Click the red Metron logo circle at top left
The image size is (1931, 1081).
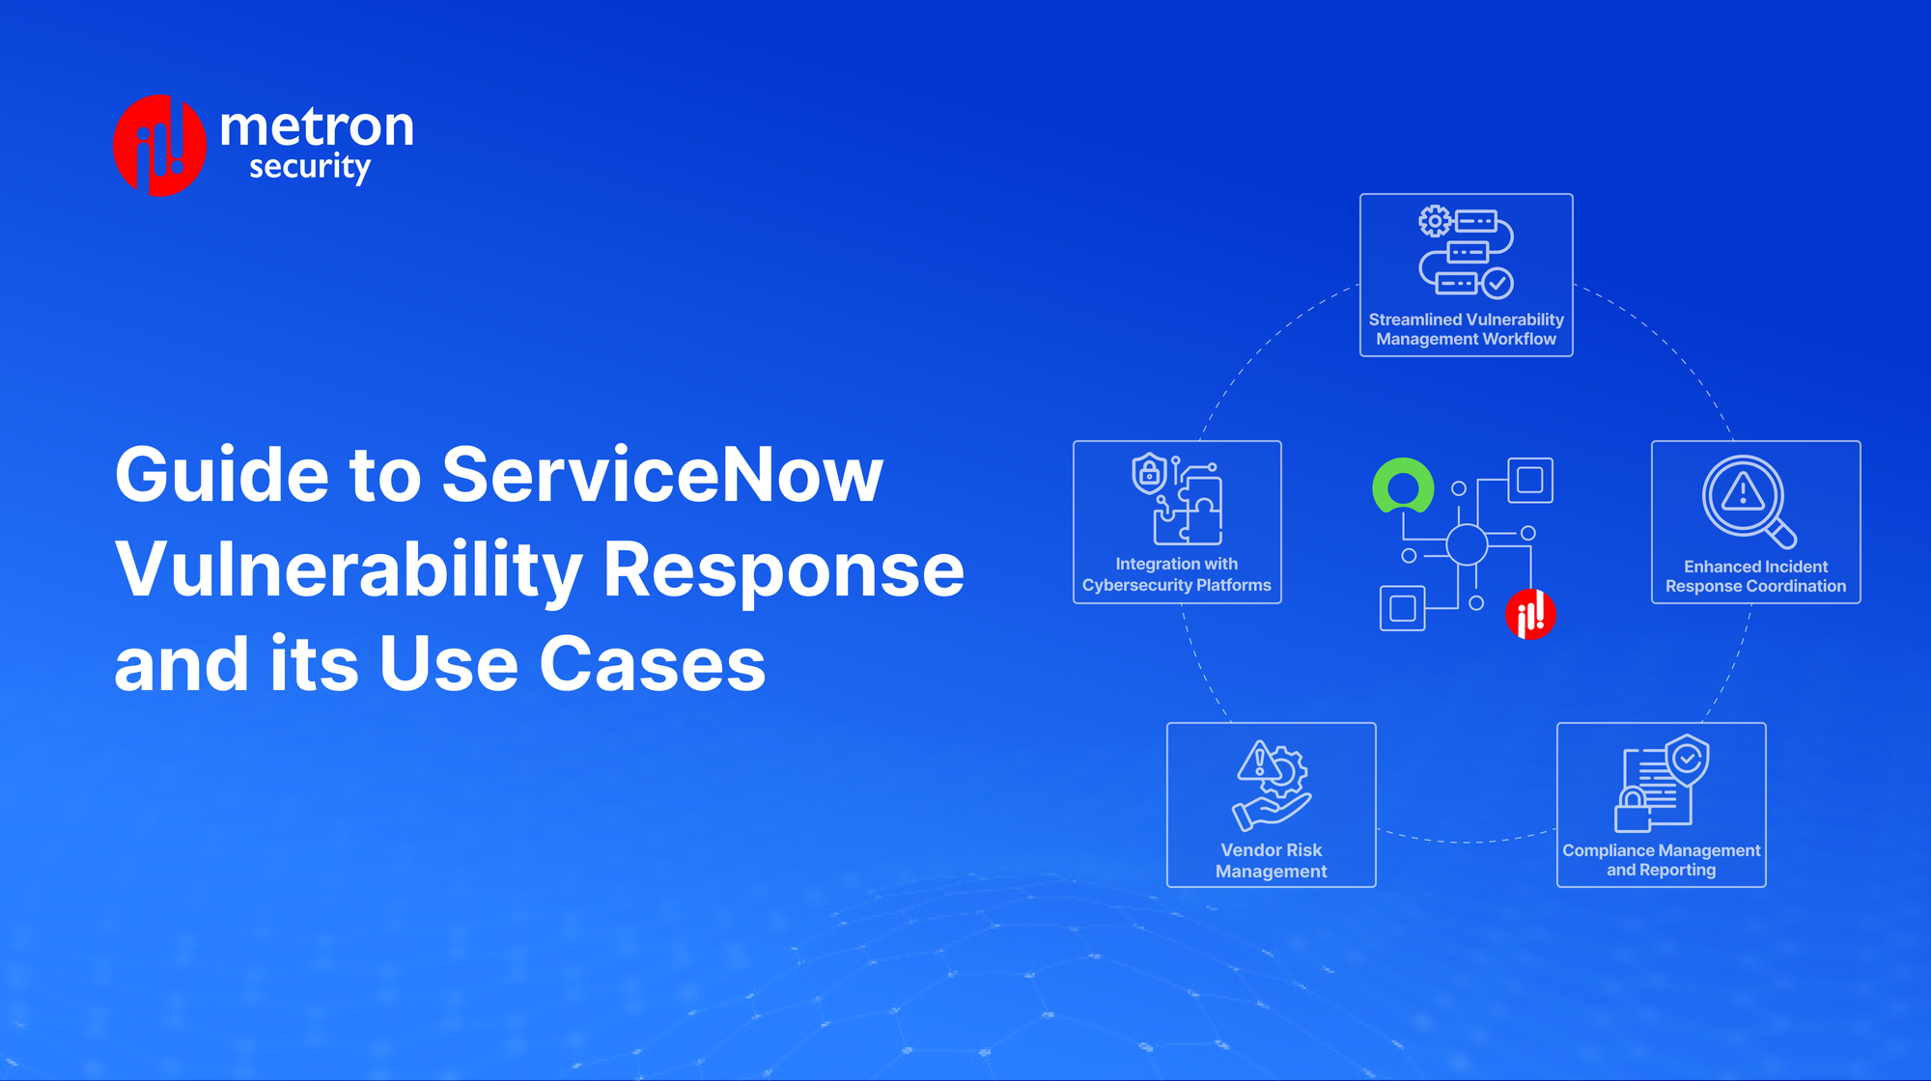pyautogui.click(x=159, y=146)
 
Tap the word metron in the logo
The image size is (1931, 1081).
pyautogui.click(x=317, y=126)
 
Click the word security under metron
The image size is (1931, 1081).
pyautogui.click(x=309, y=167)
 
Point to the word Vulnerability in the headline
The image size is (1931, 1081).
pyautogui.click(x=349, y=569)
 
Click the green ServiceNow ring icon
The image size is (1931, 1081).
pyautogui.click(x=1403, y=485)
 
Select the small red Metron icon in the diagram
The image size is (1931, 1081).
pyautogui.click(x=1530, y=614)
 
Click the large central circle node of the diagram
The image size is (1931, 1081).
pyautogui.click(x=1467, y=544)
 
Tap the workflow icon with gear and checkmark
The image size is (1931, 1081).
pyautogui.click(x=1466, y=250)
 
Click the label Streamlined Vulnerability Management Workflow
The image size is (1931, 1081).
pyautogui.click(x=1466, y=329)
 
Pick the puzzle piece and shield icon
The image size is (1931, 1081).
pyautogui.click(x=1178, y=499)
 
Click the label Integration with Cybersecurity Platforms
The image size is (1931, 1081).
pyautogui.click(x=1177, y=574)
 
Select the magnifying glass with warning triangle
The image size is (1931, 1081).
pyautogui.click(x=1748, y=500)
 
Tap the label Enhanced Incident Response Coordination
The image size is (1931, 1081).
pyautogui.click(x=1755, y=576)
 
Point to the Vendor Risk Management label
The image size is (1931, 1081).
pyautogui.click(x=1271, y=860)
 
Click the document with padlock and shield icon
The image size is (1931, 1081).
pyautogui.click(x=1662, y=783)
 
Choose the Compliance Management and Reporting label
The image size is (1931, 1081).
pyautogui.click(x=1661, y=860)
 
